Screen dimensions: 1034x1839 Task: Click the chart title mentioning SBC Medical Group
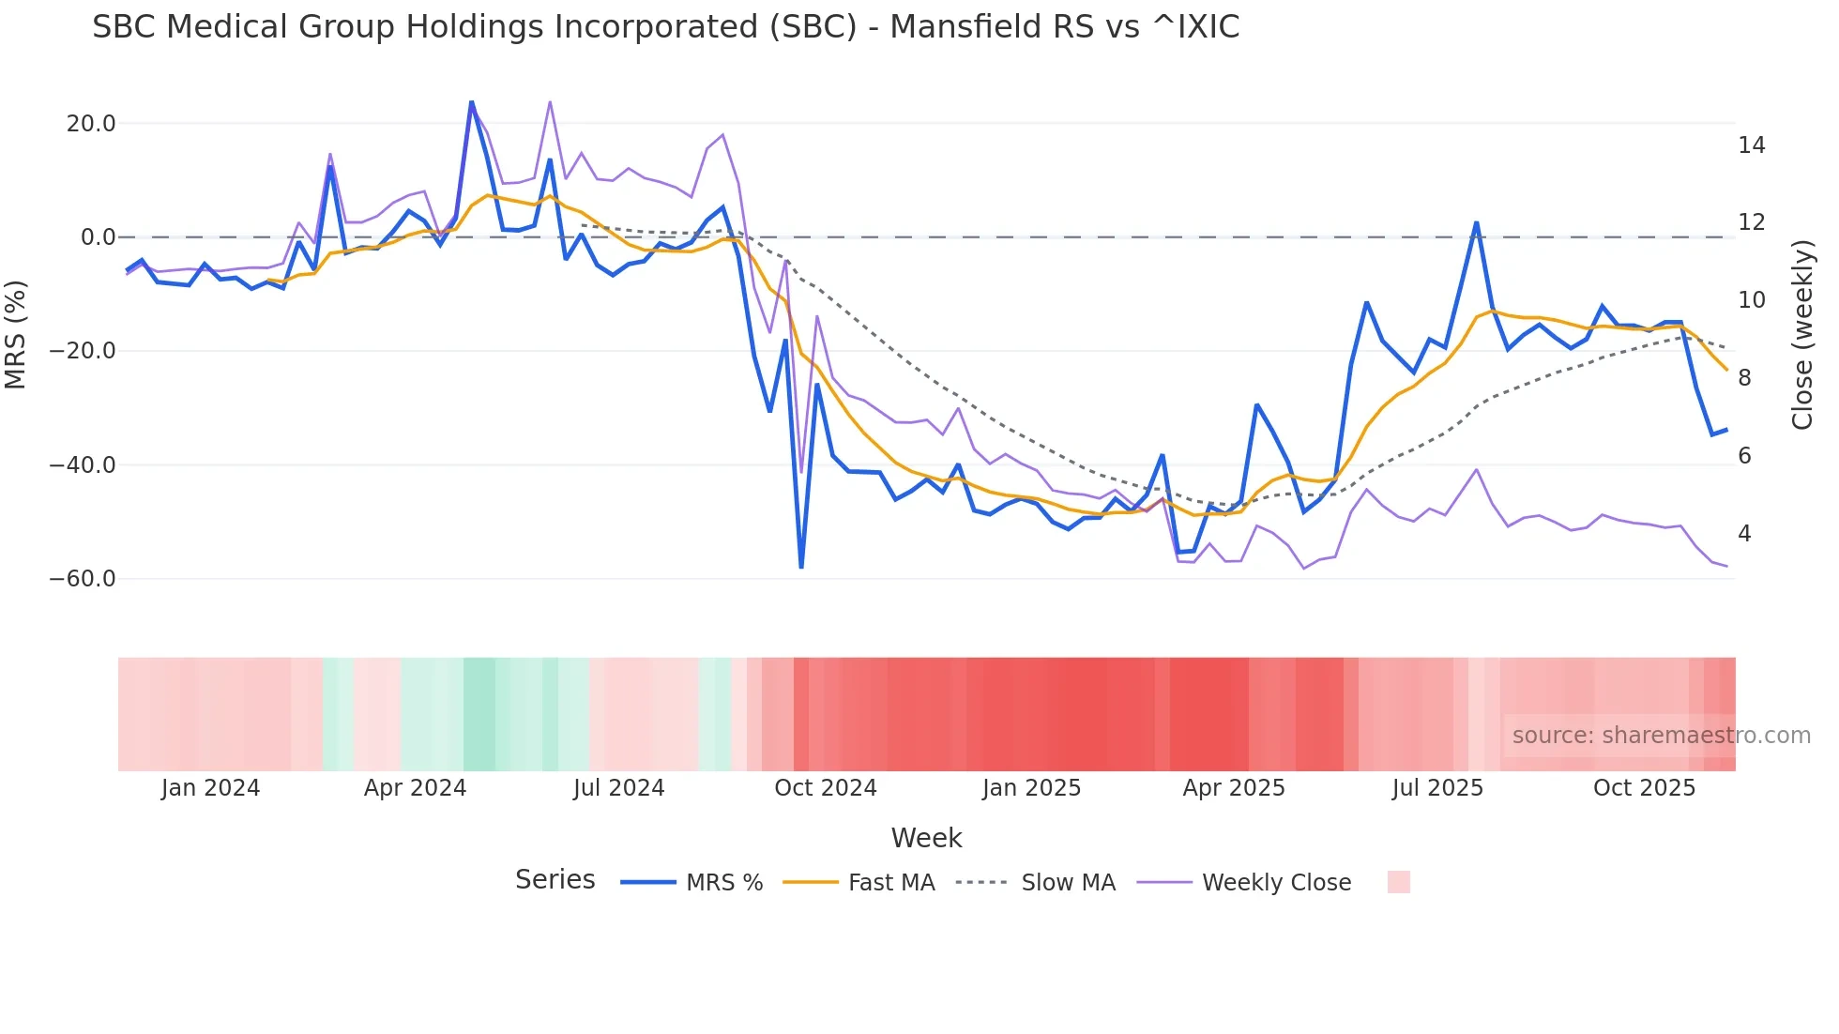(665, 27)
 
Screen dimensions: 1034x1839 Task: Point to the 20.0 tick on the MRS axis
(91, 124)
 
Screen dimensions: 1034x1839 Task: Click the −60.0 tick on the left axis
(83, 579)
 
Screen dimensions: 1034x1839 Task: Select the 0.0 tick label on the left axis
(98, 237)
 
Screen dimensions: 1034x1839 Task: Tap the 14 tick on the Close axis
(1751, 145)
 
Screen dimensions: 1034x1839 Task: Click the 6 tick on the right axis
(1744, 456)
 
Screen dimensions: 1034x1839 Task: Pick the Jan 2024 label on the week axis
(210, 788)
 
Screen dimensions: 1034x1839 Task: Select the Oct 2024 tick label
(825, 788)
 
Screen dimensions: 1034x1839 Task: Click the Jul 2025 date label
(1437, 788)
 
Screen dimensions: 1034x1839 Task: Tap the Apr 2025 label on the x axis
(1233, 788)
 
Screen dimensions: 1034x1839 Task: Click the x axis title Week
(926, 838)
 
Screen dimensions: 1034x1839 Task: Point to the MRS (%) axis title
(16, 335)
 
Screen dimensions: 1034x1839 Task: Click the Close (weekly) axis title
(1801, 335)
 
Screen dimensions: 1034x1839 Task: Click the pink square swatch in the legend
(1398, 882)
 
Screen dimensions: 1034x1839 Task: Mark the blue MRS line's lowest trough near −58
(801, 567)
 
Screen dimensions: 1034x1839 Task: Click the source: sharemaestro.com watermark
(1661, 736)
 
